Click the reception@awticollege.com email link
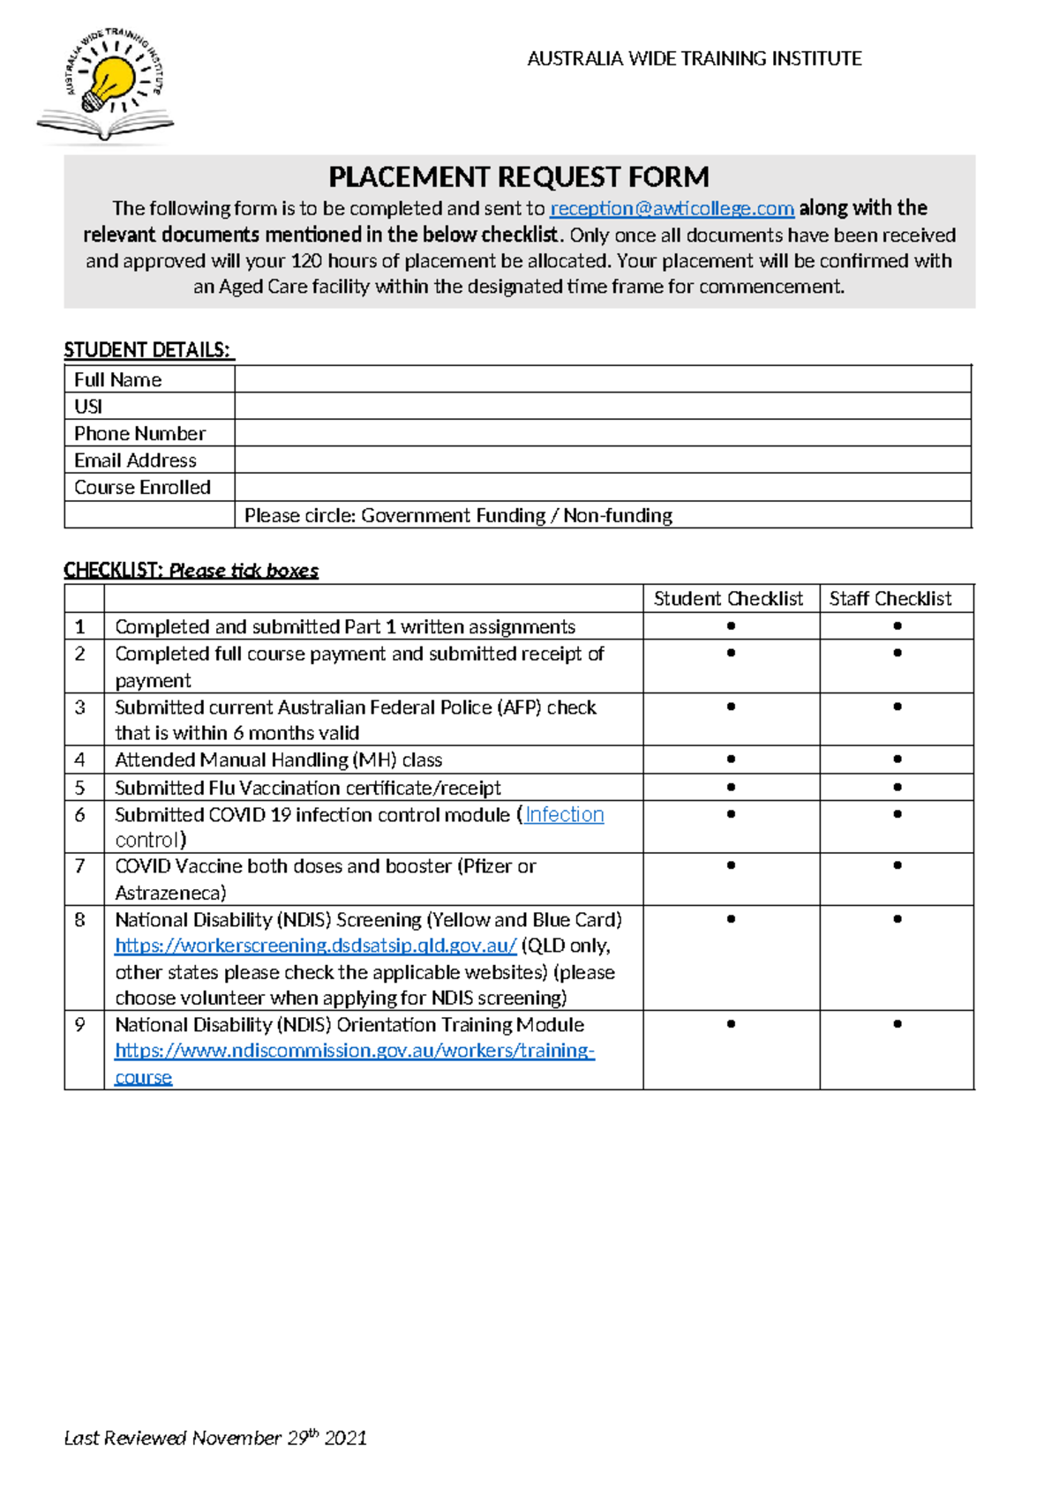tap(672, 209)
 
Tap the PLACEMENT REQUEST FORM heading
tap(519, 177)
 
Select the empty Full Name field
tap(603, 379)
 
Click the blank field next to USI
tap(603, 407)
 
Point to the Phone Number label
tap(139, 434)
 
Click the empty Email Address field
tap(603, 460)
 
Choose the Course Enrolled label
tap(142, 488)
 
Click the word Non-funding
tap(618, 516)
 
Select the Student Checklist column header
tap(728, 599)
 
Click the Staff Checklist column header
tap(890, 599)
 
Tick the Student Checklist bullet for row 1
tap(731, 626)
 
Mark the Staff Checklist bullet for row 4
tap(898, 759)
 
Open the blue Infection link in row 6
tap(565, 815)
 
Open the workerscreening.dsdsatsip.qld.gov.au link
tap(315, 946)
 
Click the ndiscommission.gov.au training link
tap(355, 1051)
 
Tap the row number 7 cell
tap(80, 866)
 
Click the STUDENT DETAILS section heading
tap(147, 350)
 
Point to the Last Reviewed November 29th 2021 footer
tap(215, 1438)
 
